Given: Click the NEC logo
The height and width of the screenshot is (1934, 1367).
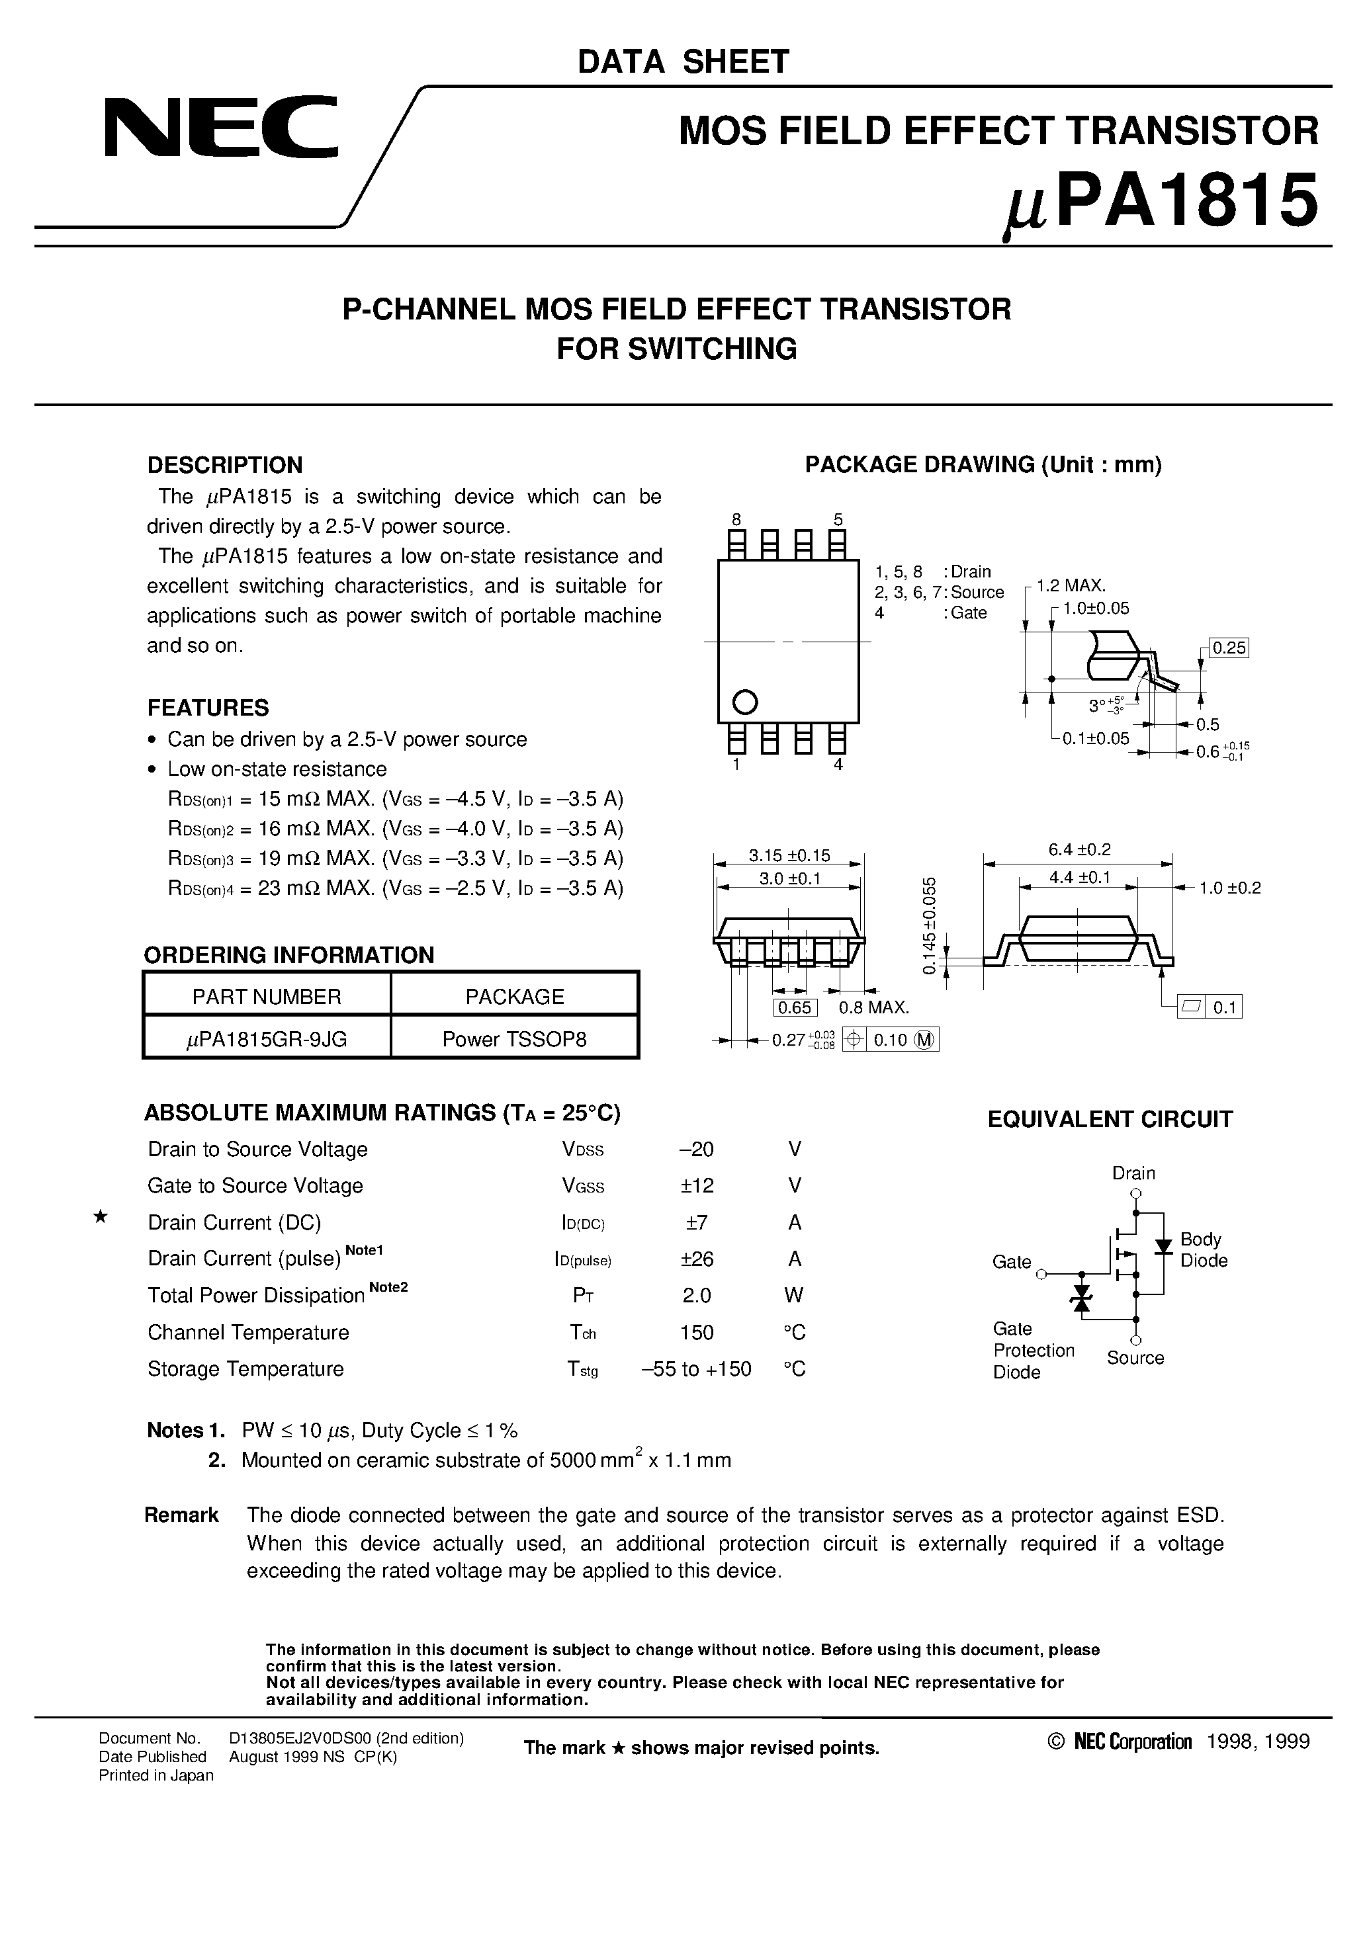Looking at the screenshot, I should pos(221,126).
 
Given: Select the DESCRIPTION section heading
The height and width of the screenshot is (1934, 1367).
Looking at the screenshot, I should pos(224,465).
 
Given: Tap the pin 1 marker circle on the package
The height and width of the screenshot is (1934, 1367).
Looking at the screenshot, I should pos(745,701).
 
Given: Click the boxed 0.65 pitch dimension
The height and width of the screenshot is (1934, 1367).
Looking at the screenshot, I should pos(794,1007).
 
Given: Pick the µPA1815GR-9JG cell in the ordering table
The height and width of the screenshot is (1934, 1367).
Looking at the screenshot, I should pos(267,1038).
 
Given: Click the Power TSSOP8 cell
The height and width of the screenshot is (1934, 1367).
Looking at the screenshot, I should pos(514,1038).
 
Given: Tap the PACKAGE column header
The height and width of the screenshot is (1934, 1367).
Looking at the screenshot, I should pos(514,997).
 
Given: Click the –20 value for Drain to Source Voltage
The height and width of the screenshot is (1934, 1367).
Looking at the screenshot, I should pos(696,1149).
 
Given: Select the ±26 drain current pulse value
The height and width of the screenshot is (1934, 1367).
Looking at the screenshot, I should pos(696,1259).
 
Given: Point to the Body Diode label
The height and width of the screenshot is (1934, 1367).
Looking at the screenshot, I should pos(1203,1250).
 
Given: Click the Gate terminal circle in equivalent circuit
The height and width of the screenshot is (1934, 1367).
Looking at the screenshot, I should pos(1041,1275).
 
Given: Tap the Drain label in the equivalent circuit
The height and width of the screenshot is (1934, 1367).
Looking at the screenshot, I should pos(1133,1173).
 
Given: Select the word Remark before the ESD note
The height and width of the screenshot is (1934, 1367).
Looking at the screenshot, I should pos(181,1515).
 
